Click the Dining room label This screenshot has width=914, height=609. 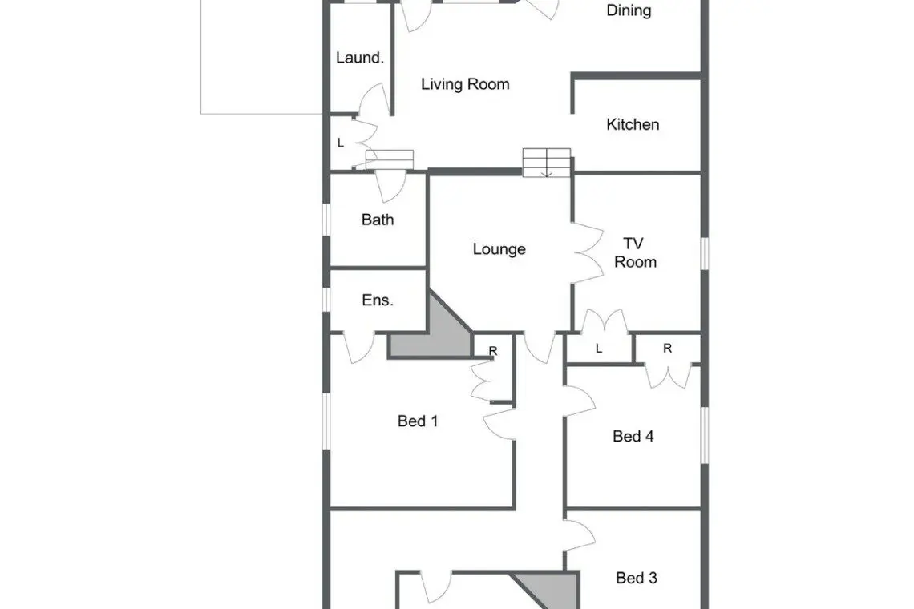(x=629, y=10)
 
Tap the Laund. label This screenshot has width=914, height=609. (x=360, y=58)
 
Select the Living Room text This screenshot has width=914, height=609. (x=465, y=84)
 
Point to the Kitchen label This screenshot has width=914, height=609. (x=633, y=124)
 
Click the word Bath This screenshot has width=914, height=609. (x=377, y=220)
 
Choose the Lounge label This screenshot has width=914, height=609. (x=499, y=249)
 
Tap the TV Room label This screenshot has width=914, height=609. (x=635, y=252)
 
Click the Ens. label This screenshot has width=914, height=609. (x=377, y=300)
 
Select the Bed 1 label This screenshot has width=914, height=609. (x=418, y=421)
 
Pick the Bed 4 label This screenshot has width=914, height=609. (x=633, y=436)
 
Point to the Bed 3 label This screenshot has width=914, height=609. (x=637, y=578)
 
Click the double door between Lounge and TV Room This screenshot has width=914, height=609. (x=588, y=253)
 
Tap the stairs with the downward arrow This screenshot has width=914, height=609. (x=546, y=163)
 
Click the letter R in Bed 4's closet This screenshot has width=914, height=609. (x=667, y=348)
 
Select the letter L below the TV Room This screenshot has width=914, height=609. (x=599, y=349)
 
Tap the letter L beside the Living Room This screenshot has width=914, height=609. (x=341, y=143)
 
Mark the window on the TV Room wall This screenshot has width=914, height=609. (x=705, y=253)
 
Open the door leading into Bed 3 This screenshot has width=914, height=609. (x=580, y=535)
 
